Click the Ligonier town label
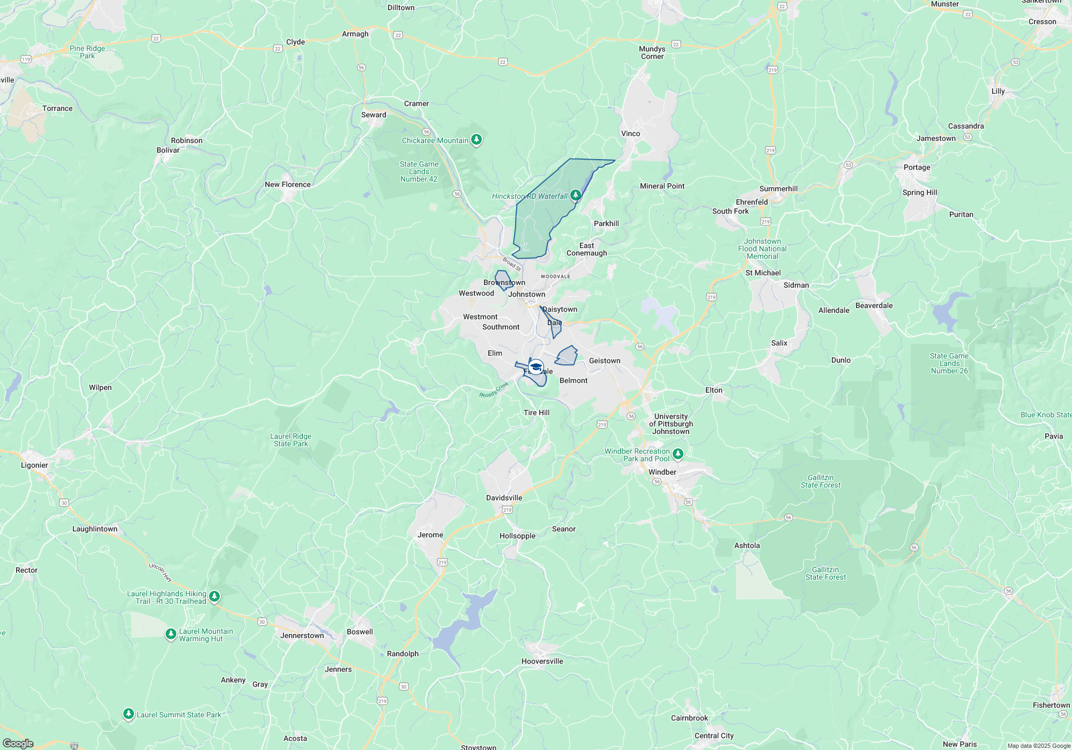click(34, 465)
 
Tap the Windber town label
click(662, 472)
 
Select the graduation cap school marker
click(535, 367)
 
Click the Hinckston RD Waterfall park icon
click(576, 195)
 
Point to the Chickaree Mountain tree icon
click(476, 140)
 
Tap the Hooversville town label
click(542, 661)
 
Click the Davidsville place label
click(504, 498)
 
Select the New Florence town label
click(287, 184)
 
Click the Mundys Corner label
click(652, 52)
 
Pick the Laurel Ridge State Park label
click(291, 440)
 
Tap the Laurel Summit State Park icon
click(128, 714)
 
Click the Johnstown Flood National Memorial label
click(762, 249)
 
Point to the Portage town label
click(917, 167)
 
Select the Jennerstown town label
click(302, 635)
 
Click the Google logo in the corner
click(18, 743)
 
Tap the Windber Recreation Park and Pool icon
click(678, 454)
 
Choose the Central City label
click(713, 736)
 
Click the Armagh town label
click(355, 34)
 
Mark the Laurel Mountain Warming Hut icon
click(170, 634)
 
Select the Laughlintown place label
click(95, 529)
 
